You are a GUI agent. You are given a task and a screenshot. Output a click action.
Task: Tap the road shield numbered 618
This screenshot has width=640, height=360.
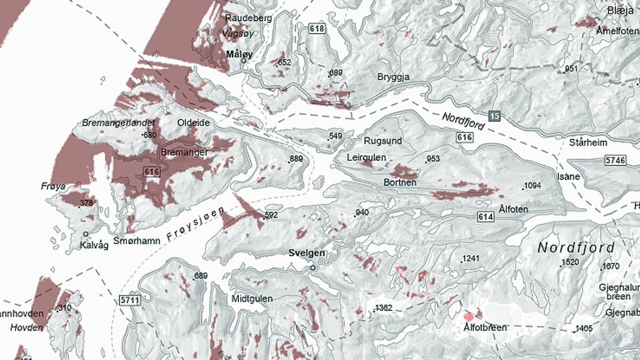tap(316, 28)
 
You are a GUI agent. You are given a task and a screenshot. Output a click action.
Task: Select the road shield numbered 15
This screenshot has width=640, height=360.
tap(494, 115)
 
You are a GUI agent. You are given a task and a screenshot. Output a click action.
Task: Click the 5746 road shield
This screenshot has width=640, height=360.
tap(615, 160)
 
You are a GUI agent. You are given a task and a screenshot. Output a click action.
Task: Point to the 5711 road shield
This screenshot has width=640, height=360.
tap(130, 300)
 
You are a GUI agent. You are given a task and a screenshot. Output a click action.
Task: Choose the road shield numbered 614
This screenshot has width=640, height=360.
tap(485, 217)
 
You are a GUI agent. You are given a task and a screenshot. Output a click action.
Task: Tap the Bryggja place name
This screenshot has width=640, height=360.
tap(393, 77)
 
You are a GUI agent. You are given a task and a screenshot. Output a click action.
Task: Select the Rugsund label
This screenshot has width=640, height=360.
tap(382, 141)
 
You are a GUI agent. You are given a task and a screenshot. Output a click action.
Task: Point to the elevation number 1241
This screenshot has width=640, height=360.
tap(470, 259)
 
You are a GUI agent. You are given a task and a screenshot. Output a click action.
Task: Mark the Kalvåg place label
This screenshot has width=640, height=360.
tap(94, 245)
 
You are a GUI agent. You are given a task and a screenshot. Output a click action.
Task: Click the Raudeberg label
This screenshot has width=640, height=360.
tap(249, 18)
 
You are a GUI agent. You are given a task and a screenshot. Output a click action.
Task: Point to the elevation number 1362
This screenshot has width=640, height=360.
tap(383, 308)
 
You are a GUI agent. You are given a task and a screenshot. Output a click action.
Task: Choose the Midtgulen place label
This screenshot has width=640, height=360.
tap(252, 299)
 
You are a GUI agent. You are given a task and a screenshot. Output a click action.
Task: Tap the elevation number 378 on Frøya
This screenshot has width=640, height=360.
tap(86, 203)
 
